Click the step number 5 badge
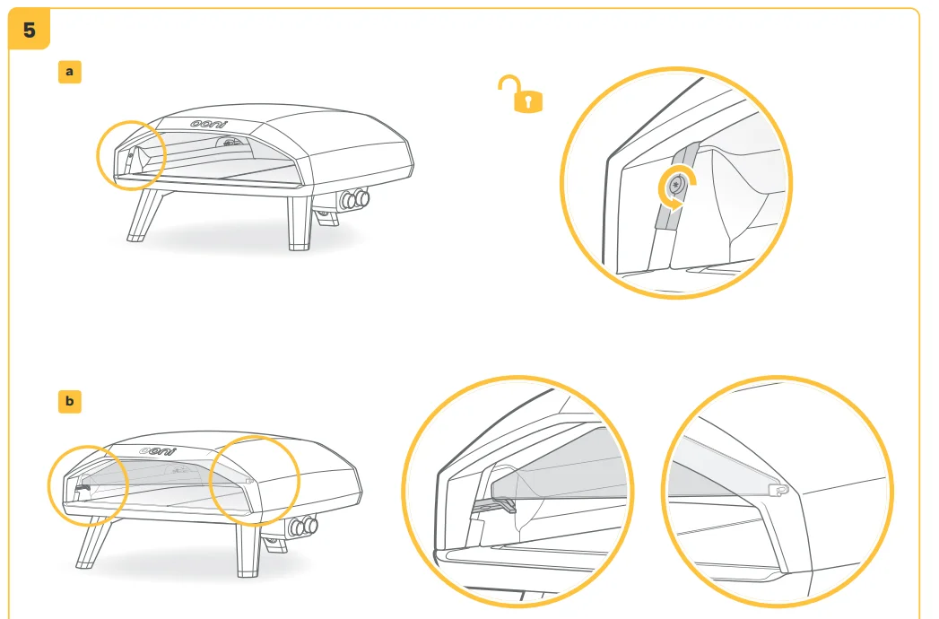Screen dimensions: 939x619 (29, 29)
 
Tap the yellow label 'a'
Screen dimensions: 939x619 (69, 72)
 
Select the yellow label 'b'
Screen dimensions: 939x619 (69, 401)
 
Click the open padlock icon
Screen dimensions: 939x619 (520, 94)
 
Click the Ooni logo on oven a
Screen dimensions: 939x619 (209, 124)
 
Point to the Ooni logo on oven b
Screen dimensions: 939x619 (158, 450)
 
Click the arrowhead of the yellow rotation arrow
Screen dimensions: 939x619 (675, 205)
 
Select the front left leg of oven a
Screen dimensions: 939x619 (144, 215)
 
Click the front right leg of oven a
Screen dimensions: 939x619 (300, 222)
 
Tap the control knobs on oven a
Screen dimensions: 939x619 (354, 199)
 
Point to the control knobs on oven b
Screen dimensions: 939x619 (303, 527)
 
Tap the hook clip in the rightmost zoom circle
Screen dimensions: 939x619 (778, 490)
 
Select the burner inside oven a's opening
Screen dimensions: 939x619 (231, 142)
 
